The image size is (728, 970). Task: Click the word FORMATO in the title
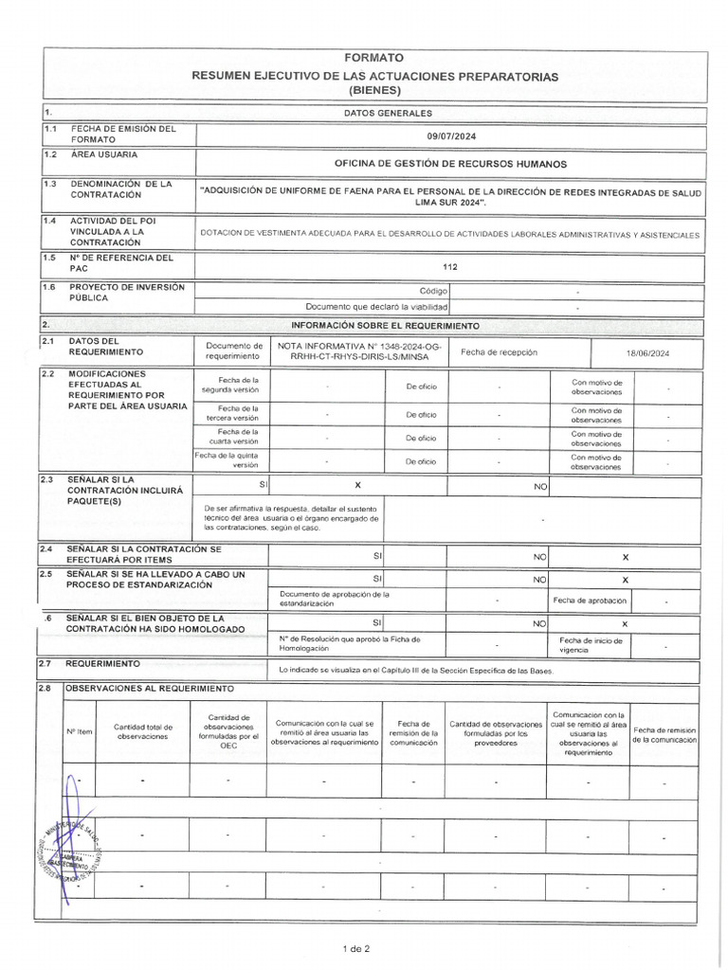tap(373, 58)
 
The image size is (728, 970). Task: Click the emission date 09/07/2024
tap(451, 136)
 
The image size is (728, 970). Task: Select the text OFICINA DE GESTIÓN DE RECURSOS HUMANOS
tap(451, 164)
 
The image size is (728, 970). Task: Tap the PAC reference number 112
tap(450, 267)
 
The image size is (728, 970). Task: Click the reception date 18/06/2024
tap(647, 352)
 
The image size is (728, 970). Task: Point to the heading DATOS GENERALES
tap(373, 113)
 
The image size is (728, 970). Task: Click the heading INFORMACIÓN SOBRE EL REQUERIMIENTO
tap(391, 326)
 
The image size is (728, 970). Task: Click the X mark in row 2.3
tap(357, 485)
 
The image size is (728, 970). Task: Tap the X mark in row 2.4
tap(625, 558)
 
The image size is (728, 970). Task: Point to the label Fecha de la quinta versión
tap(231, 460)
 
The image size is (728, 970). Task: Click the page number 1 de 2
tap(356, 948)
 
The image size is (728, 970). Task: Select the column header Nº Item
tap(79, 731)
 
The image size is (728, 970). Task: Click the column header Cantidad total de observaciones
tap(143, 731)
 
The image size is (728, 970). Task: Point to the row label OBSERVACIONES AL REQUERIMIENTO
tap(149, 688)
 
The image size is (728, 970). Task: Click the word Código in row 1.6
tap(433, 292)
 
